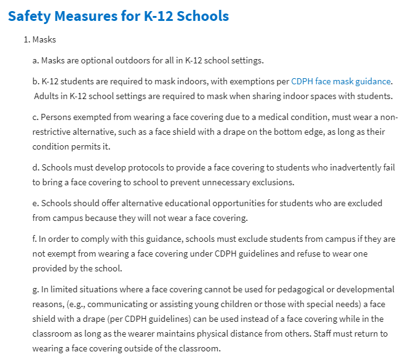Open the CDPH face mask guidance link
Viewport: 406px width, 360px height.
[x=341, y=81]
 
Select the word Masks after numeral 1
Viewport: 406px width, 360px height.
[x=44, y=39]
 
